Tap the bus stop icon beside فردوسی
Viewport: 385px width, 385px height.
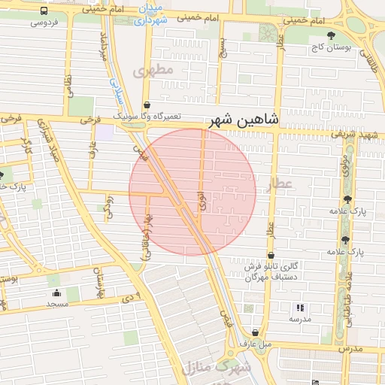pyautogui.click(x=44, y=11)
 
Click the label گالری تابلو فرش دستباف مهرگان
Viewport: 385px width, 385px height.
pyautogui.click(x=271, y=271)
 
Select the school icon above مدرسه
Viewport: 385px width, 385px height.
pyautogui.click(x=300, y=308)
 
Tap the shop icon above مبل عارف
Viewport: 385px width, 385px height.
pyautogui.click(x=256, y=332)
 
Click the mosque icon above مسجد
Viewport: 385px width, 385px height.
pyautogui.click(x=56, y=293)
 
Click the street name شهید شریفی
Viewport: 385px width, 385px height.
pyautogui.click(x=353, y=134)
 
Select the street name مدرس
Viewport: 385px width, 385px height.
pyautogui.click(x=350, y=350)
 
